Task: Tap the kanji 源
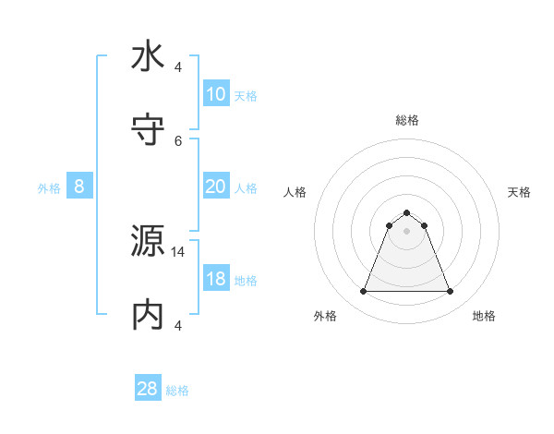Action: [148, 241]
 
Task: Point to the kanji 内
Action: [148, 315]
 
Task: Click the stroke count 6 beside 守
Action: [178, 140]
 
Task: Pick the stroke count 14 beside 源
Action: [178, 251]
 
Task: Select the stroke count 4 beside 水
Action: [178, 66]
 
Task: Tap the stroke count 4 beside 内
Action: [178, 325]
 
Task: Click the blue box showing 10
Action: [215, 94]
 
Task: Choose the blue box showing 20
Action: [215, 187]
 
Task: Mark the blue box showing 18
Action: [215, 279]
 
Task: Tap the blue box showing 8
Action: [79, 187]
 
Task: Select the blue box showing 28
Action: [147, 389]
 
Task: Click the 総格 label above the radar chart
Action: [406, 120]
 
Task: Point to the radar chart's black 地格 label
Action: [484, 316]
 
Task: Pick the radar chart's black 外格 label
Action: [325, 316]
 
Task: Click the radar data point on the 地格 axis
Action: [450, 292]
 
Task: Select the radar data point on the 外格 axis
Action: [363, 292]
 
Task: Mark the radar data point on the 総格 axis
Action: [406, 212]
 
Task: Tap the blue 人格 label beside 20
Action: [246, 187]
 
